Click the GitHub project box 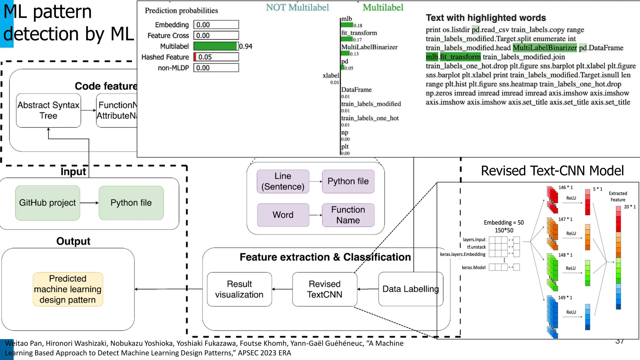click(47, 203)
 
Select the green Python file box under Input click(131, 203)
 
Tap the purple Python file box click(348, 181)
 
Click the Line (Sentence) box click(283, 181)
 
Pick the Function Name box click(348, 215)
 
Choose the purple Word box click(283, 215)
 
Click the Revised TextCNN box click(324, 289)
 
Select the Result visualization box click(239, 289)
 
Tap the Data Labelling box click(410, 289)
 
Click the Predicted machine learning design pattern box click(68, 289)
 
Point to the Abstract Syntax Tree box click(48, 110)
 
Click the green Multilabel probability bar click(215, 46)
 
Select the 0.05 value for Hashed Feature click(205, 57)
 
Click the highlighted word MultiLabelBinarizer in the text click(545, 48)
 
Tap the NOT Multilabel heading click(297, 7)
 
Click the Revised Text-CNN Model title click(552, 171)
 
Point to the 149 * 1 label click(565, 297)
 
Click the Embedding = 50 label click(503, 222)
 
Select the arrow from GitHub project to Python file click(89, 203)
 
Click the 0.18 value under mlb click(358, 26)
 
